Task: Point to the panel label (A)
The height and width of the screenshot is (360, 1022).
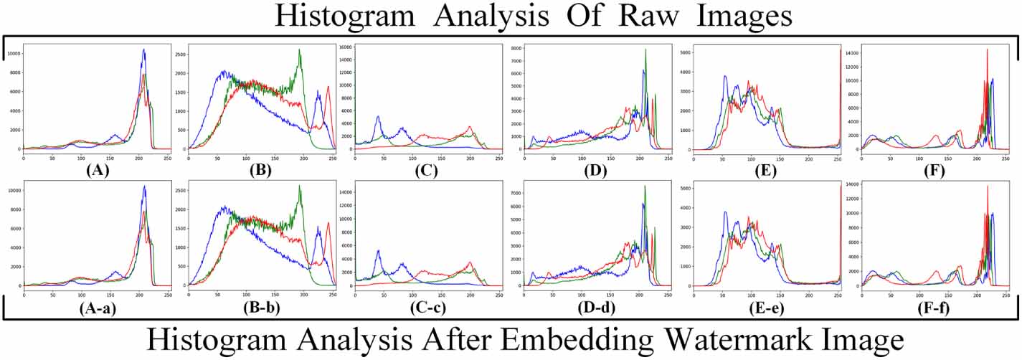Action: [97, 171]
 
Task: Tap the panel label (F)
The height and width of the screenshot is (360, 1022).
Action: [932, 171]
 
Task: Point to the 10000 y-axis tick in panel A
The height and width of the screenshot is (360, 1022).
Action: [13, 54]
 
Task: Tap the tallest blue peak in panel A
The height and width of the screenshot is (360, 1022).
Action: [144, 49]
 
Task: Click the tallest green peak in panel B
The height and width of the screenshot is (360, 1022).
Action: [300, 49]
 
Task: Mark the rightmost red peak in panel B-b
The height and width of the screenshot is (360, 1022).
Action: [328, 222]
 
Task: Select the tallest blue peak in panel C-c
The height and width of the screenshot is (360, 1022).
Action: [378, 250]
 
